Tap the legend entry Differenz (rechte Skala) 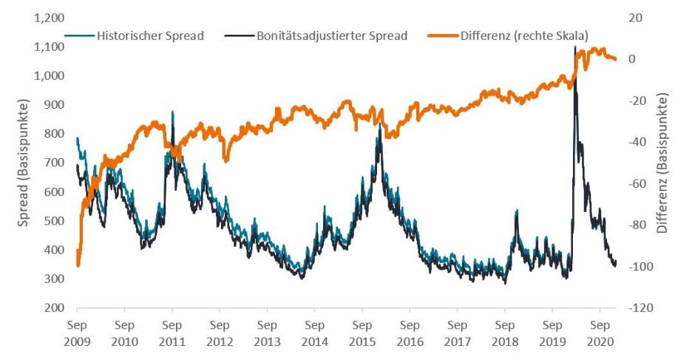[x=524, y=35]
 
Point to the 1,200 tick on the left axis [x=50, y=18]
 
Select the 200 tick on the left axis [x=56, y=308]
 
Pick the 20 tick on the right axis [x=634, y=18]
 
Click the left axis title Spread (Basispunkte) [x=24, y=163]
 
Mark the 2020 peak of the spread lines [x=575, y=47]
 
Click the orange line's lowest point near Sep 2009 [x=78, y=265]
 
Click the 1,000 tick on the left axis [x=50, y=75]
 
